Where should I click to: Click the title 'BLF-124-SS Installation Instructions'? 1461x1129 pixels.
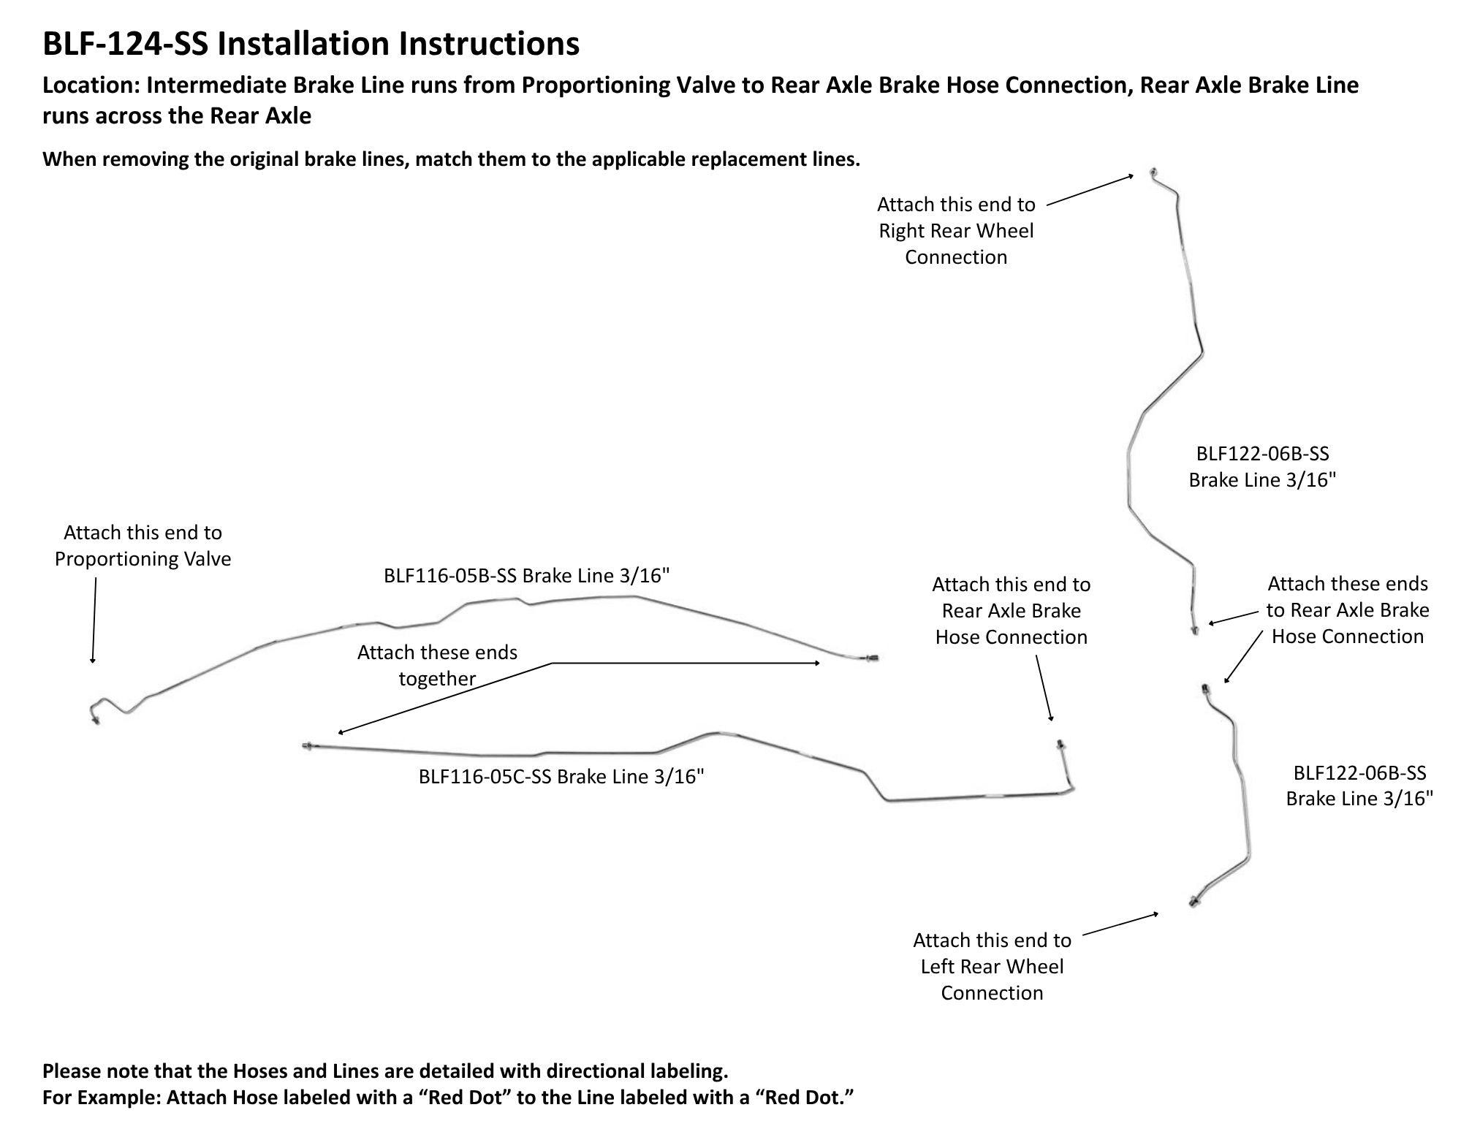click(x=311, y=44)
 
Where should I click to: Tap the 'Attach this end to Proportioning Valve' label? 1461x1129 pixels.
click(x=143, y=546)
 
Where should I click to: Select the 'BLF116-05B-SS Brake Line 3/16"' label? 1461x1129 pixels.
click(x=526, y=576)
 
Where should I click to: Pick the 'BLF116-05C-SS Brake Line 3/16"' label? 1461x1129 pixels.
click(x=561, y=776)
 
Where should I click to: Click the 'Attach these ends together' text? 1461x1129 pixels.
click(x=437, y=666)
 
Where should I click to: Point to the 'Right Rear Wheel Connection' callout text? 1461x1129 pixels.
click(x=956, y=244)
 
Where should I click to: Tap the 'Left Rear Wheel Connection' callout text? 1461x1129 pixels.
click(x=992, y=980)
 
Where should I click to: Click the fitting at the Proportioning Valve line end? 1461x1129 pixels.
click(x=96, y=721)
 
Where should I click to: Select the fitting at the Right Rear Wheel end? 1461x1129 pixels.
click(x=1152, y=172)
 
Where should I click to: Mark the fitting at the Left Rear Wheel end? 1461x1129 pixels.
click(x=1193, y=902)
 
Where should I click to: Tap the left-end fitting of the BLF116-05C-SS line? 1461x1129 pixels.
click(x=308, y=745)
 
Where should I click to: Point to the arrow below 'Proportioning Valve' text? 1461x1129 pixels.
click(x=94, y=620)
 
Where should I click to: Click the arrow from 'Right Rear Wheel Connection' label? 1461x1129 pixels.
click(x=1090, y=190)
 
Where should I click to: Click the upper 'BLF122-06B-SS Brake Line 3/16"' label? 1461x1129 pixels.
click(x=1262, y=467)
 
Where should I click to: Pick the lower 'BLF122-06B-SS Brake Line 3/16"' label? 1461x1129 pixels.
click(x=1359, y=786)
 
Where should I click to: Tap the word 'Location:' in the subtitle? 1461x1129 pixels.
click(x=91, y=85)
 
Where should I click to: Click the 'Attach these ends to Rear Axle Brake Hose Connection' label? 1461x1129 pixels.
click(x=1347, y=610)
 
